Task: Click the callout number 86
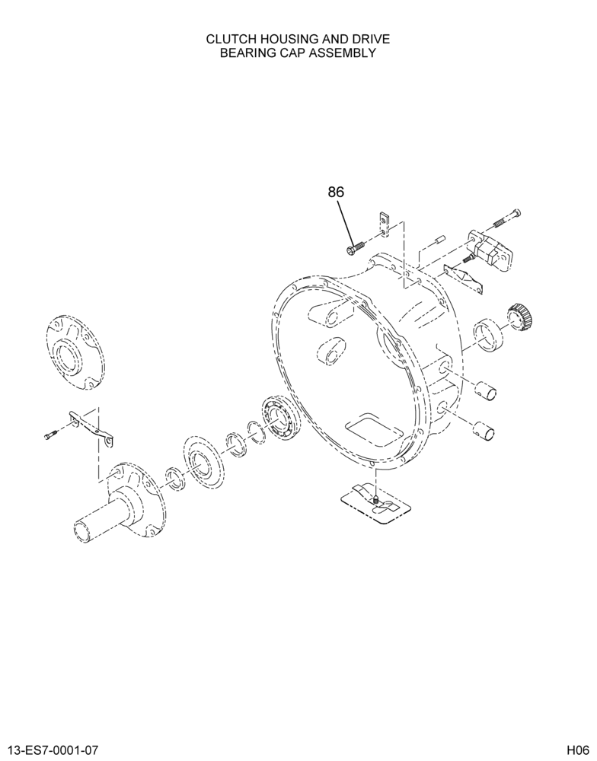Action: pyautogui.click(x=336, y=193)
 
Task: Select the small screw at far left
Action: pyautogui.click(x=50, y=435)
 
